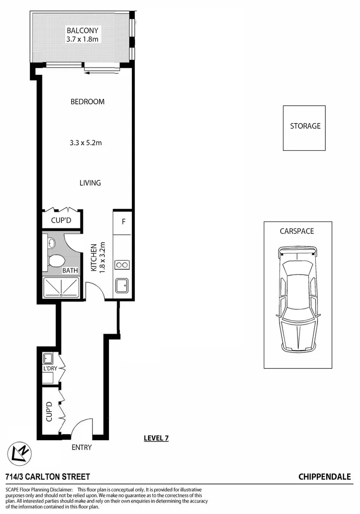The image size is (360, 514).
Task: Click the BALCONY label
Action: (82, 31)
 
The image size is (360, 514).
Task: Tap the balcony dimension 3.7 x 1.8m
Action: (82, 39)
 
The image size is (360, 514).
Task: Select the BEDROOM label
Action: (87, 102)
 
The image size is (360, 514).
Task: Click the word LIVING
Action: (90, 183)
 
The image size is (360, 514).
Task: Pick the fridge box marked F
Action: (123, 221)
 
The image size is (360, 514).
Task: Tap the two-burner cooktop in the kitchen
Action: (122, 265)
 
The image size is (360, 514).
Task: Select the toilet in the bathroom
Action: (57, 260)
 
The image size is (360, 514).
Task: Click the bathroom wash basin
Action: (51, 243)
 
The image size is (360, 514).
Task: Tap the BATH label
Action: (70, 271)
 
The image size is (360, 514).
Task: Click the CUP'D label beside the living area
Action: (62, 221)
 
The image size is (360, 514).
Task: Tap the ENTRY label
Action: (81, 447)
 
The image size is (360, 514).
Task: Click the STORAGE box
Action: (305, 127)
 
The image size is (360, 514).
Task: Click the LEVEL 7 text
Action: (156, 438)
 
